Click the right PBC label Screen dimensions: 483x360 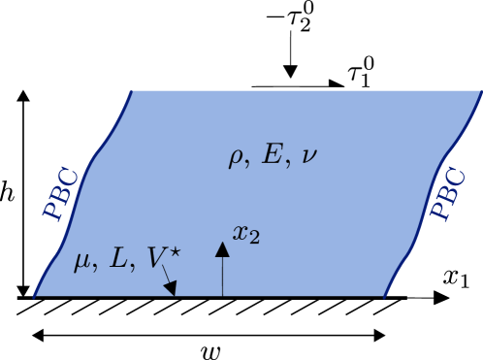[x=448, y=194]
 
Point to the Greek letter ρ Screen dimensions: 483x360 [x=236, y=158]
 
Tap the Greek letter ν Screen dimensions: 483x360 [x=307, y=156]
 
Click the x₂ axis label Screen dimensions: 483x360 [x=245, y=234]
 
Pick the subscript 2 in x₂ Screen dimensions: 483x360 [x=254, y=238]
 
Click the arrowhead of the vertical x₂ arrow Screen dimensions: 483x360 [x=222, y=249]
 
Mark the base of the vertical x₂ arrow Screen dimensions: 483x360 [x=222, y=295]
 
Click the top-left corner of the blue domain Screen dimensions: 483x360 [x=132, y=90]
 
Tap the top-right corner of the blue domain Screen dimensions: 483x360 [x=481, y=90]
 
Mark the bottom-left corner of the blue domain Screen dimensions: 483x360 [x=35, y=296]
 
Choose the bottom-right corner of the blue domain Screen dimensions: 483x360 [x=385, y=296]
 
